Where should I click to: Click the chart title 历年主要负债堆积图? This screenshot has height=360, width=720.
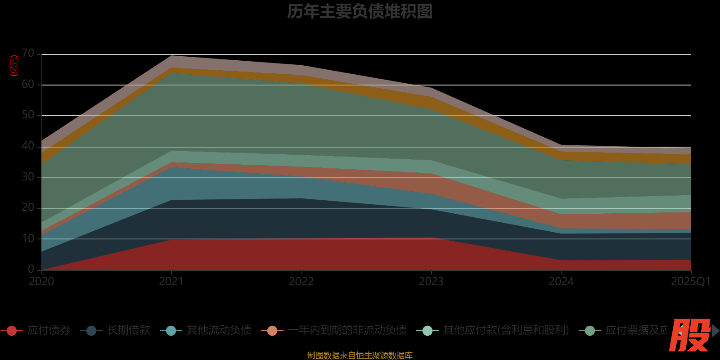[360, 12]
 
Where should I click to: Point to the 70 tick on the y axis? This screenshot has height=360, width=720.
[28, 54]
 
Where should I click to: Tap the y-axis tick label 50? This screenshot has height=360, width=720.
[28, 115]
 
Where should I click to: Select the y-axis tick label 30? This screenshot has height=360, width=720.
[28, 177]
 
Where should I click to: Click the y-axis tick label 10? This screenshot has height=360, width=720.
[28, 238]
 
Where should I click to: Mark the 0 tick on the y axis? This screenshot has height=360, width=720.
[31, 269]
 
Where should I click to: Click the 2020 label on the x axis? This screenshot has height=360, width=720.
[41, 282]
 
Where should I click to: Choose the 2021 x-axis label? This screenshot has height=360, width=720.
[171, 282]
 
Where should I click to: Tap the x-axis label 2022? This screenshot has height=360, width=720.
[301, 282]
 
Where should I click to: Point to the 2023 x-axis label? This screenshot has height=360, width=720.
[431, 282]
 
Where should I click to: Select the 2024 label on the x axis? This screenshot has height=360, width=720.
[561, 282]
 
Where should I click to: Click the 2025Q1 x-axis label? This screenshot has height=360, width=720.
[690, 282]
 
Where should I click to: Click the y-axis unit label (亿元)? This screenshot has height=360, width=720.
[14, 66]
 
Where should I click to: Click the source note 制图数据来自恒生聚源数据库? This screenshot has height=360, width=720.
[360, 355]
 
